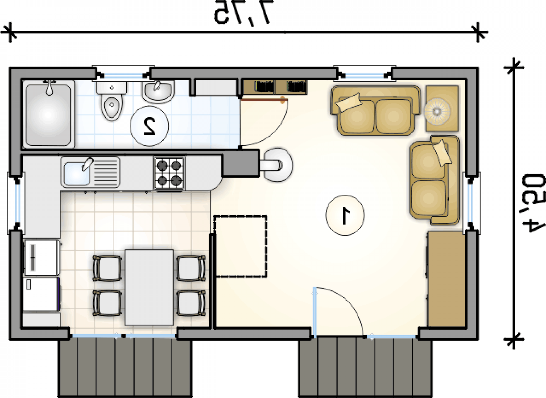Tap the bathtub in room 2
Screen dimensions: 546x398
[x=49, y=114]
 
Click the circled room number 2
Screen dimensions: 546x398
[x=149, y=126]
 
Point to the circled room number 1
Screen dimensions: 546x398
[x=345, y=215]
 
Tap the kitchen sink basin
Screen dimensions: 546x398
[x=76, y=174]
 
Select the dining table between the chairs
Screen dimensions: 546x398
[x=149, y=287]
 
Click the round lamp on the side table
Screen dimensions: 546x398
[x=437, y=111]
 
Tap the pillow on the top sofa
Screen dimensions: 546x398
[x=349, y=102]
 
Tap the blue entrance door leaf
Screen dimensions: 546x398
[x=315, y=313]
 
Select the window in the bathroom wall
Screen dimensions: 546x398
[x=123, y=75]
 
